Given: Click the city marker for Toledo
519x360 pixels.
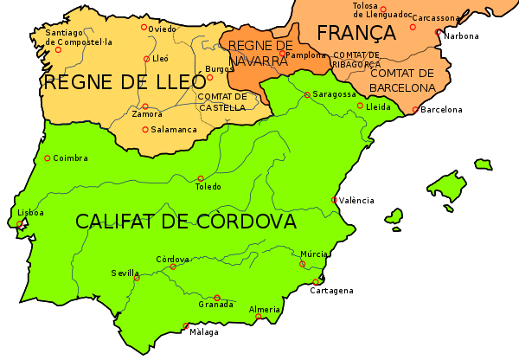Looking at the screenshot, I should [201, 178].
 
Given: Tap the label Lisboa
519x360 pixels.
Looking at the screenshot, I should [30, 212].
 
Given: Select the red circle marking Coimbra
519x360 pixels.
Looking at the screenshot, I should [47, 158].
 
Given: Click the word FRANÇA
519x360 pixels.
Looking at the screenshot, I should [356, 33].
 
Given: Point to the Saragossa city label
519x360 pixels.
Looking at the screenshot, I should [334, 93].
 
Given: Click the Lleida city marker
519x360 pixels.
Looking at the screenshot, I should [360, 106].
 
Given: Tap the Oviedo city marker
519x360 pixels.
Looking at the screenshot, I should [144, 27].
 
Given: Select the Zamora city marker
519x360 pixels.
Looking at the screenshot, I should [145, 106].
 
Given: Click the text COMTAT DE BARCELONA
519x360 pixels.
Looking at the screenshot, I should [402, 80].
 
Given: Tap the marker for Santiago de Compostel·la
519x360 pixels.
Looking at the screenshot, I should [58, 50].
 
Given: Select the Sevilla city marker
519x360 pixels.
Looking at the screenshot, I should [137, 279].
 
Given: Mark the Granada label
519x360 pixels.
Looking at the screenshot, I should [215, 305].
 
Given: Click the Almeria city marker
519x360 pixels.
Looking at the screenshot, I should [258, 317].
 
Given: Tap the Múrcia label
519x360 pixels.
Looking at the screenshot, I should [314, 254].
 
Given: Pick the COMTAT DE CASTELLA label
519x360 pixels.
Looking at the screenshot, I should [222, 101].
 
